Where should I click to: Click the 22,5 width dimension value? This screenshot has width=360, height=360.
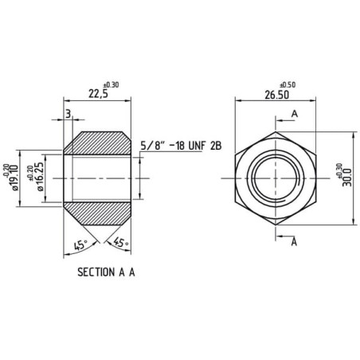[98, 94]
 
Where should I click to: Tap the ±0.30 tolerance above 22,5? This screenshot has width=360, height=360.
[111, 85]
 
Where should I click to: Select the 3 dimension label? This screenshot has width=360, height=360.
[68, 114]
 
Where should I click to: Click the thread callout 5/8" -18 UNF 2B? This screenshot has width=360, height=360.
[181, 146]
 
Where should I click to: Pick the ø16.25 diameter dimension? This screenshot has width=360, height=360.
[40, 177]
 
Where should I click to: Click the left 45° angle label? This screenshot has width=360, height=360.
[80, 245]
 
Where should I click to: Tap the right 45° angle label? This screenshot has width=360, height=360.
[121, 242]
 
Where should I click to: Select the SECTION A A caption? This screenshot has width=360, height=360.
[106, 272]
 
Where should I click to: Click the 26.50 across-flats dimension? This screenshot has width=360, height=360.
[277, 95]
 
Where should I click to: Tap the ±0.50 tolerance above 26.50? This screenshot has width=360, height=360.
[288, 85]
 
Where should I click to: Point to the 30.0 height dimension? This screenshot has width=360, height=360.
[347, 178]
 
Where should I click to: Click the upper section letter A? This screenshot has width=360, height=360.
[295, 114]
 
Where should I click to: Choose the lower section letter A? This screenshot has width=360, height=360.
[294, 242]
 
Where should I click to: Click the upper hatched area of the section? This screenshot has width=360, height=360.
[97, 143]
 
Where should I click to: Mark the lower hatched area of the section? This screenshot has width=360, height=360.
[97, 213]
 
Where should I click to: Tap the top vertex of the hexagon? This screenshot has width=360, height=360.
[276, 131]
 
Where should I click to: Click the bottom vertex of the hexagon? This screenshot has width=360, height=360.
[276, 225]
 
